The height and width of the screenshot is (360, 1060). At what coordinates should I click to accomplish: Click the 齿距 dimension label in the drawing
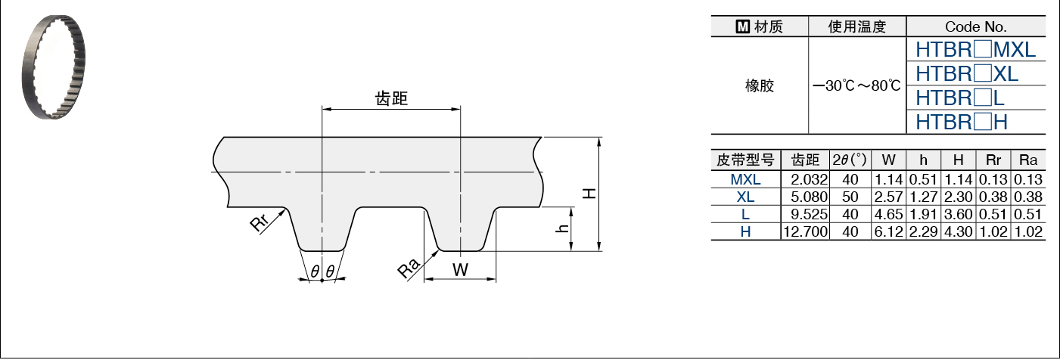click(x=391, y=98)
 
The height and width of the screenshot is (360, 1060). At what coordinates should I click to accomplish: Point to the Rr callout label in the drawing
click(x=259, y=223)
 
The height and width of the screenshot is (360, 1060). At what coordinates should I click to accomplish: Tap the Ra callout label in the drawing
click(x=409, y=268)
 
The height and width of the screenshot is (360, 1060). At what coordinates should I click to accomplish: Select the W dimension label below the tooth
click(x=460, y=269)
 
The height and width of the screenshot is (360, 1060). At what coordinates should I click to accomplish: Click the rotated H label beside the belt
click(x=589, y=193)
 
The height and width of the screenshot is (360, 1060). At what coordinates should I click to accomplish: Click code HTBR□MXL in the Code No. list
click(x=975, y=51)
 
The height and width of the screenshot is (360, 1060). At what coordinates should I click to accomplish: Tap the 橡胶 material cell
click(x=760, y=85)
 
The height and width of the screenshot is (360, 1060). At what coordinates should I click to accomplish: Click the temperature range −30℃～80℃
click(x=856, y=85)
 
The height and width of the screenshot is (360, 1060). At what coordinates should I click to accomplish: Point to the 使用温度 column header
click(x=856, y=27)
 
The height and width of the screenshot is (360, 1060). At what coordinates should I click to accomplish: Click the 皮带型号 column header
click(x=745, y=160)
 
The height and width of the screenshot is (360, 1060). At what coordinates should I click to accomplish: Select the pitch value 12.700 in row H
click(x=805, y=231)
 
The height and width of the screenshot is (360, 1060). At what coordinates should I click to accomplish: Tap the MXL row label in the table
click(x=745, y=180)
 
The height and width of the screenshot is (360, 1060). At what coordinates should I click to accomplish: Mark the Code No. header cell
click(x=975, y=27)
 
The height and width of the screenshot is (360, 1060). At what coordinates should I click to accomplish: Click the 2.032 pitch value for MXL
click(x=805, y=180)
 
